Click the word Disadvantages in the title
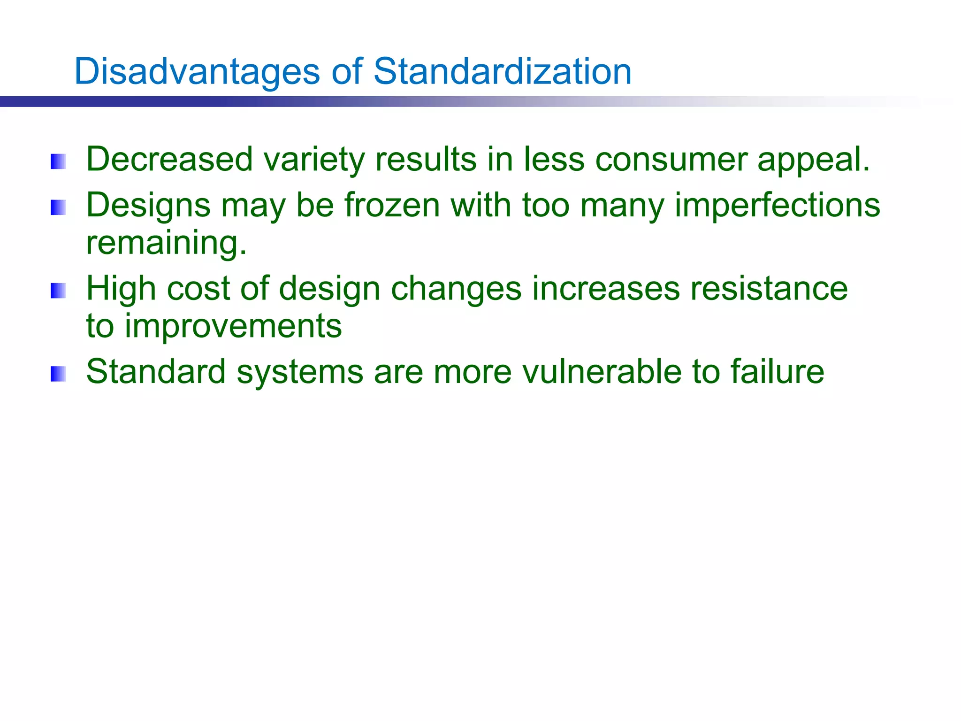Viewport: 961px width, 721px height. pyautogui.click(x=197, y=71)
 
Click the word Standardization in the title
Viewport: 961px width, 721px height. pyautogui.click(x=503, y=71)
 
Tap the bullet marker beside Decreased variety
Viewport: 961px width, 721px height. pyautogui.click(x=58, y=161)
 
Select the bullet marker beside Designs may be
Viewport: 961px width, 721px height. pyautogui.click(x=58, y=207)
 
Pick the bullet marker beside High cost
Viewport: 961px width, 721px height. pyautogui.click(x=58, y=291)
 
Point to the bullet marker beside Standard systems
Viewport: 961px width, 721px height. pyautogui.click(x=58, y=374)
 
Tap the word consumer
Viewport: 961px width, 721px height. pyautogui.click(x=671, y=160)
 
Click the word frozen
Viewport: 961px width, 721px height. pyautogui.click(x=392, y=206)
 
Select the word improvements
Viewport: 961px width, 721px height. pyautogui.click(x=233, y=326)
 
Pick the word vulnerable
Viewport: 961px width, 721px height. pyautogui.click(x=602, y=372)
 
